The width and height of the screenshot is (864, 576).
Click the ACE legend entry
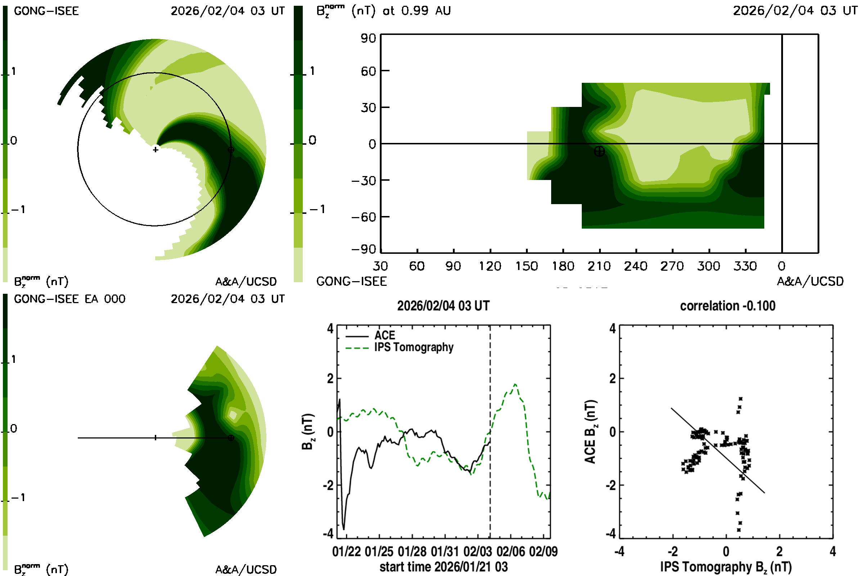[384, 336]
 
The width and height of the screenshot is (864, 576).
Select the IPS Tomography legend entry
[414, 347]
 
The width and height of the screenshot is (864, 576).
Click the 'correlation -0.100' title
[727, 306]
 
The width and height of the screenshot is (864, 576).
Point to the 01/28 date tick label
[412, 552]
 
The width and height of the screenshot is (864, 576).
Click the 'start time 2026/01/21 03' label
[444, 567]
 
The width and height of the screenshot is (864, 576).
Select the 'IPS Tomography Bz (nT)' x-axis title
[726, 567]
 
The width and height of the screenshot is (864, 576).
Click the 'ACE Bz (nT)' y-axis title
[590, 432]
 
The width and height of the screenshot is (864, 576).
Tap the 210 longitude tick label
[599, 266]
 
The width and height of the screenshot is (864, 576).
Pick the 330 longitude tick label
[745, 266]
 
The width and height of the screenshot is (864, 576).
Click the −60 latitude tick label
[364, 217]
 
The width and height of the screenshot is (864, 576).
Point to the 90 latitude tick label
[368, 38]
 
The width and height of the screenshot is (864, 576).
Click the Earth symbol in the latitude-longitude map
[599, 151]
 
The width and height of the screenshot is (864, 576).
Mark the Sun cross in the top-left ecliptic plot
[156, 149]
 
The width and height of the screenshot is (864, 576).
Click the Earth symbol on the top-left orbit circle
[231, 149]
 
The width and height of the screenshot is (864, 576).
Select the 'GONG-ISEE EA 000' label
[69, 299]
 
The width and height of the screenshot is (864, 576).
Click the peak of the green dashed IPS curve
[516, 384]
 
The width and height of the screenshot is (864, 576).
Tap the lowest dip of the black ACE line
[344, 529]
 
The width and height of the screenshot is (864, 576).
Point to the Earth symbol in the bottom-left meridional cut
[231, 438]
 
